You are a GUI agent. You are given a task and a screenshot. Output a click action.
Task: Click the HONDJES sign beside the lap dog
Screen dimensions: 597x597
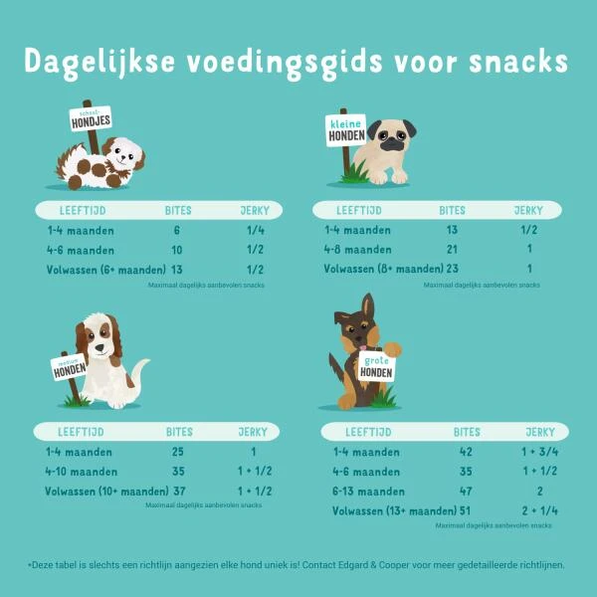tap(90, 121)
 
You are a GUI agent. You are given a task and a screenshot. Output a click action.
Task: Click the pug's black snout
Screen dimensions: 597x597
tap(390, 140)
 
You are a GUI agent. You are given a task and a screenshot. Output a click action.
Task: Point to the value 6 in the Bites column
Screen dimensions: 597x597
tap(176, 230)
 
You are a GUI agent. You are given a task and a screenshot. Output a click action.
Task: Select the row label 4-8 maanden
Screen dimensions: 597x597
tap(358, 250)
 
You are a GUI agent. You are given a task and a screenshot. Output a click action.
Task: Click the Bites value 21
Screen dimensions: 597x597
tap(452, 250)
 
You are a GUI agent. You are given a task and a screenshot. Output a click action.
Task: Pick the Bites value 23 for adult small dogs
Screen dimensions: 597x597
tap(453, 270)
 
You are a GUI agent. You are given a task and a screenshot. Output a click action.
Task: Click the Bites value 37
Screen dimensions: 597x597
tap(178, 492)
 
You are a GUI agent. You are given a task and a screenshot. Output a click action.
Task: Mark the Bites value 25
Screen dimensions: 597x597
tap(178, 452)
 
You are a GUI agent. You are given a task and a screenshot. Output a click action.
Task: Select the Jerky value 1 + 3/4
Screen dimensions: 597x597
tap(539, 452)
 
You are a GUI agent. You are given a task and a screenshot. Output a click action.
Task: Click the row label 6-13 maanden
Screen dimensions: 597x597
tap(367, 492)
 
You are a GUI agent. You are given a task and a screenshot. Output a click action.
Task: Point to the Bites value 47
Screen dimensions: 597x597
tap(465, 492)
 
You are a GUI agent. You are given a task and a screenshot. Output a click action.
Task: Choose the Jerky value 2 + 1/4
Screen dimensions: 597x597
tap(539, 511)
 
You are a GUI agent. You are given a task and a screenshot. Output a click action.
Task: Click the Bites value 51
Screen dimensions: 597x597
tap(465, 511)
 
